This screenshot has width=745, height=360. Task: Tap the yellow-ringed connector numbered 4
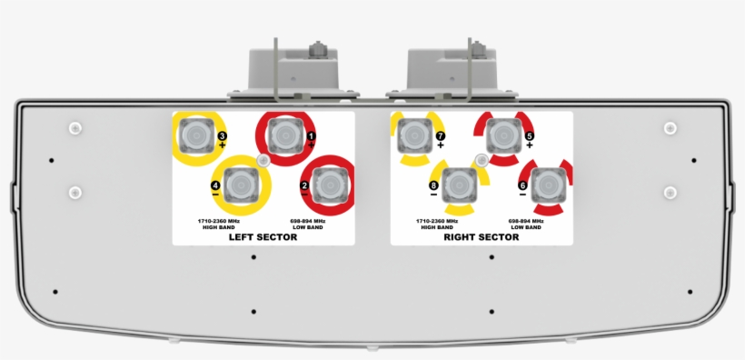[241, 185]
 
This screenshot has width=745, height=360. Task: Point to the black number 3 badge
[222, 136]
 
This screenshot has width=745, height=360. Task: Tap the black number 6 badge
[522, 185]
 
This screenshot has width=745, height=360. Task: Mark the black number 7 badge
[440, 136]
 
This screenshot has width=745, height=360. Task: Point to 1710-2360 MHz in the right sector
[437, 220]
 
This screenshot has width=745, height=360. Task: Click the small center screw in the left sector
[263, 161]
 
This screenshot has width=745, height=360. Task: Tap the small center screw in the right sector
[482, 161]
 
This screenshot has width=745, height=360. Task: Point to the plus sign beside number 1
[312, 145]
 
